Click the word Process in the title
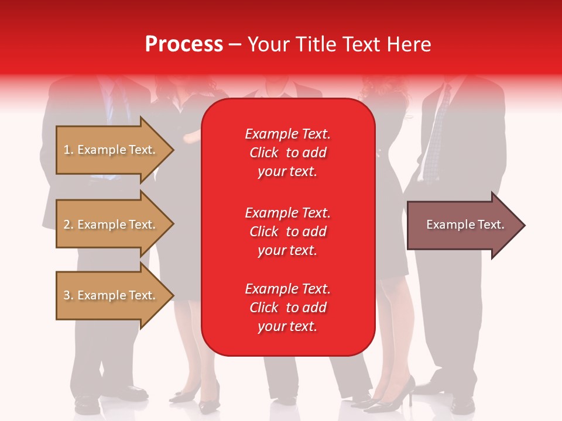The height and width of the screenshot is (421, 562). coord(184,44)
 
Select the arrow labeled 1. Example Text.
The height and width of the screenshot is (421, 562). coord(111,150)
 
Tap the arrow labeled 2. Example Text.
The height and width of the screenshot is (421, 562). coord(111,225)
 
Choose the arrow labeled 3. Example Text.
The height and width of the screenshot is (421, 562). coord(111,295)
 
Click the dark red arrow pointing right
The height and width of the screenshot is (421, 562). coord(462,225)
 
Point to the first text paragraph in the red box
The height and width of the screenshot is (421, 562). coord(287,153)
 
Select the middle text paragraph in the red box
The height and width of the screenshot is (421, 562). coord(287,232)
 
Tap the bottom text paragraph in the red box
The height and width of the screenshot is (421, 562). coord(287,308)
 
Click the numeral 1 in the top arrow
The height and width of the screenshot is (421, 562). coord(66,150)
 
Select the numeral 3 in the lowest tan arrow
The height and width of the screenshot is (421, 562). coord(67,296)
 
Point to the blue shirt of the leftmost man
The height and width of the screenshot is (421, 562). coord(109,94)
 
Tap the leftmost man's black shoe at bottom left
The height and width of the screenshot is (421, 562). coord(88,403)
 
